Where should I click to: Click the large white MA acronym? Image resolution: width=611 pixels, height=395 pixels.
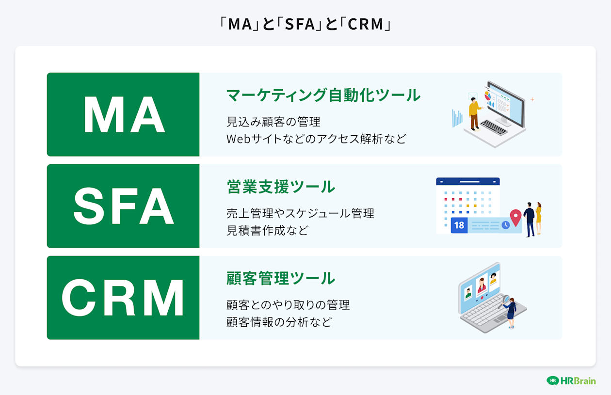coord(124,115)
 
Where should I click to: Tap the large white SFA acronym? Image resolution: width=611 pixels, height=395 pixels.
coord(124,207)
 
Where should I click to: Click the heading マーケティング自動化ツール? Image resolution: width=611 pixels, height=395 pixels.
coord(323,95)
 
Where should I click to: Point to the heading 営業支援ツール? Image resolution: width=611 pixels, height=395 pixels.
coord(281,187)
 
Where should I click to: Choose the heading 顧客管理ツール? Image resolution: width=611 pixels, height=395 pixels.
coord(281,278)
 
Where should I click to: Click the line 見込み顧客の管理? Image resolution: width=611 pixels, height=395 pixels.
coord(273,121)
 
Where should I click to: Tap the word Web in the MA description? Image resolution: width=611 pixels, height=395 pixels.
coord(238,139)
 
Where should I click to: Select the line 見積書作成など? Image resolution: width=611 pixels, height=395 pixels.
coord(267,230)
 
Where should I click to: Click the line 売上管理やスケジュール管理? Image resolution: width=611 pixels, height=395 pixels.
coord(300,213)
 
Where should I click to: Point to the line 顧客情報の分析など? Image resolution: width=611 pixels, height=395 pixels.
coord(279,322)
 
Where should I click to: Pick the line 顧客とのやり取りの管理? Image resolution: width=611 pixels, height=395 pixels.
coord(288,305)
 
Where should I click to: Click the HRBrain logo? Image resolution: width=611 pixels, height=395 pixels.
coord(571,380)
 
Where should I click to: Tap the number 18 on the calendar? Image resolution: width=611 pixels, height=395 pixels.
coord(459,225)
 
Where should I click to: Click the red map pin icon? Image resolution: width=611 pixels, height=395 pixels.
coord(515,217)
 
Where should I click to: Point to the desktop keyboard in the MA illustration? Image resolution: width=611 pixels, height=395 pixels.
coord(493,127)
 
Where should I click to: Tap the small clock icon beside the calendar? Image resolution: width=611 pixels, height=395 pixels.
coord(506,225)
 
